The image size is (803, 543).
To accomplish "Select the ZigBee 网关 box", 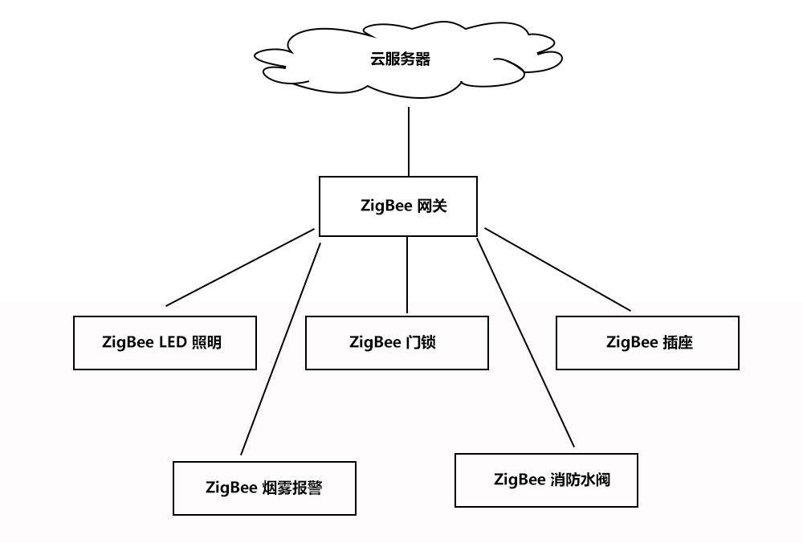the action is click(x=398, y=206).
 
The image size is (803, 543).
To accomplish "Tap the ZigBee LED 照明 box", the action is click(x=165, y=343).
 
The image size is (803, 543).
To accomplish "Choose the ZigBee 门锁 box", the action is click(x=397, y=343).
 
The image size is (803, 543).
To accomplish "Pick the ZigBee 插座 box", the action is click(x=647, y=343).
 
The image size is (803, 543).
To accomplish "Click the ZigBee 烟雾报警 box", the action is click(x=264, y=488).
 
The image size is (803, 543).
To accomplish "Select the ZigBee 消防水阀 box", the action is click(x=546, y=480).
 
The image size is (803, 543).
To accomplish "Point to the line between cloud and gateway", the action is click(x=409, y=141).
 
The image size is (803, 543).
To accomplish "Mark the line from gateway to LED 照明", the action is click(x=239, y=267).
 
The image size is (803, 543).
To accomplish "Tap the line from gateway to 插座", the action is click(x=557, y=269).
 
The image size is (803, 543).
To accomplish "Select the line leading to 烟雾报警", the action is click(x=280, y=349).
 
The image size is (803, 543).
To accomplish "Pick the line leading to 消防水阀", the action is click(x=525, y=342).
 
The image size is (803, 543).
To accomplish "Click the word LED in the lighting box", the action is click(x=173, y=343).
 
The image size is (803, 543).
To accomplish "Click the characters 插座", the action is click(x=678, y=343).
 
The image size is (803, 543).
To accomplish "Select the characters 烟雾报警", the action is click(x=291, y=488).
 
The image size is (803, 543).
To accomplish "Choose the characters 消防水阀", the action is click(x=581, y=480).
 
